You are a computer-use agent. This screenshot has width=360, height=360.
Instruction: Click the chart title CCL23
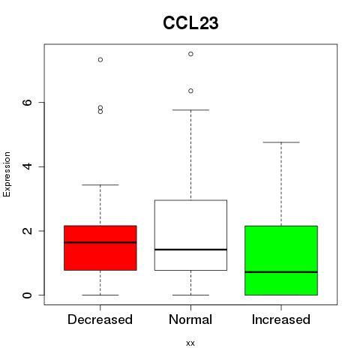tap(190, 23)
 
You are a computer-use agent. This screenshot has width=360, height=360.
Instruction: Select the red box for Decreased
tap(100, 247)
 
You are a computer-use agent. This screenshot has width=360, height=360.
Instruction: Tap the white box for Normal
tap(190, 235)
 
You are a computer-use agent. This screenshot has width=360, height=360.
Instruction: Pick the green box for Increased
tap(281, 260)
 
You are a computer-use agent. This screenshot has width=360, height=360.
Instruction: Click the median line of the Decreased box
tap(100, 242)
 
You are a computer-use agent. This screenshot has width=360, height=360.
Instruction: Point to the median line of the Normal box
tap(190, 250)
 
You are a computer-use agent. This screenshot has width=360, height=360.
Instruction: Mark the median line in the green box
tap(281, 272)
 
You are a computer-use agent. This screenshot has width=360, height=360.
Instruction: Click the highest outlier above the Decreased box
tap(100, 59)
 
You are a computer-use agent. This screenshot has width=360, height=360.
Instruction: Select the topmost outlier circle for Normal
tap(190, 54)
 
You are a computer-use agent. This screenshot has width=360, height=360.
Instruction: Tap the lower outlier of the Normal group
tap(190, 91)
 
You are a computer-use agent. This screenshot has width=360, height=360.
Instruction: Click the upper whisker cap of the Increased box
tap(281, 142)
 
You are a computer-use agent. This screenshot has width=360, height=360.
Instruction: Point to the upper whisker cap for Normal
tap(190, 109)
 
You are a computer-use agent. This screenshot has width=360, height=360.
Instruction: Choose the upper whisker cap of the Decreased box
tap(100, 184)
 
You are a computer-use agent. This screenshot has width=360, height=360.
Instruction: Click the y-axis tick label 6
tap(27, 102)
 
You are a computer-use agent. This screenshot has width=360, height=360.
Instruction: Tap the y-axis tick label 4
tap(27, 166)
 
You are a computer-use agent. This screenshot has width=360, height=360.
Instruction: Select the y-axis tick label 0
tap(27, 295)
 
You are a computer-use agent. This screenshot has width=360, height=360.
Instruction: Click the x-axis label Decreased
tap(100, 319)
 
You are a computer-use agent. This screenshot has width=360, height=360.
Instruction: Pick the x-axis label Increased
tap(281, 319)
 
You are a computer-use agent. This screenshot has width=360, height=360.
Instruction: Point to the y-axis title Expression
tap(7, 174)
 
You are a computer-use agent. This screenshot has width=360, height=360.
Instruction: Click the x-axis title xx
tap(190, 343)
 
